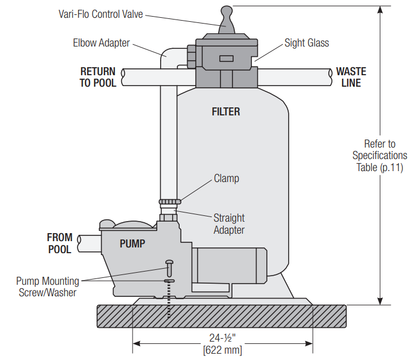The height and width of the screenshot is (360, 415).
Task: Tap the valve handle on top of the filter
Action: click(225, 20)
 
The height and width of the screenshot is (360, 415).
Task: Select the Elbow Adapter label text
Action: click(101, 43)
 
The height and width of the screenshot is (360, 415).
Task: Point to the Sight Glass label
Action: click(307, 43)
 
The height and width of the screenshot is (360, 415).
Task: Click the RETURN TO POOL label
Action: click(98, 77)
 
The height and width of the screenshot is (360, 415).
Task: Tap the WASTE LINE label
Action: click(351, 77)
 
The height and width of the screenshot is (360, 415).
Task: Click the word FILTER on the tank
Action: click(226, 111)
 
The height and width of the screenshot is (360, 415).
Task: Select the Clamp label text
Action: click(226, 178)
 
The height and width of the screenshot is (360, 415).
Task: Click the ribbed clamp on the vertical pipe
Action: click(169, 202)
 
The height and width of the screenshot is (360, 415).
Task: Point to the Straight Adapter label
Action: click(229, 224)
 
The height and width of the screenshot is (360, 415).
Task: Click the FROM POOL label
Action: click(60, 243)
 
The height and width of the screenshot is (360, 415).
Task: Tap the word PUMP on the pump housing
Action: click(133, 243)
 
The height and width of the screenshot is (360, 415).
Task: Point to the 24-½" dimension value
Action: click(222, 338)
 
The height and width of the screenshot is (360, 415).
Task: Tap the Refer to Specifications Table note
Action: click(379, 155)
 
